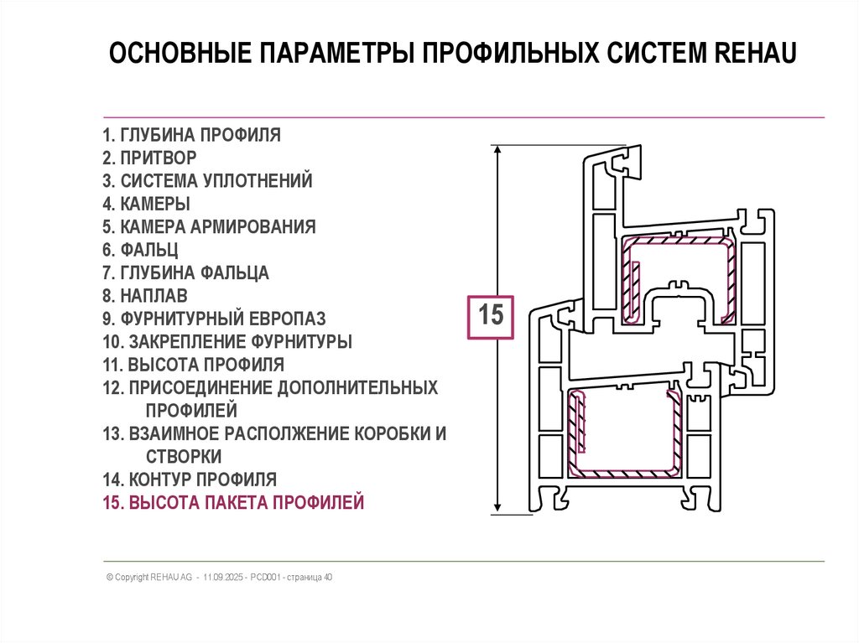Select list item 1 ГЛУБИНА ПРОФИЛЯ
click(191, 135)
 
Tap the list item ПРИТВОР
click(149, 158)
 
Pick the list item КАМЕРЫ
click(146, 204)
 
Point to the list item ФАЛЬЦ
click(140, 250)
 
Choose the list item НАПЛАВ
click(144, 296)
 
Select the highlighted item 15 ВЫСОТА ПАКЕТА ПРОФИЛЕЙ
click(233, 503)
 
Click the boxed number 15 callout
click(489, 316)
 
